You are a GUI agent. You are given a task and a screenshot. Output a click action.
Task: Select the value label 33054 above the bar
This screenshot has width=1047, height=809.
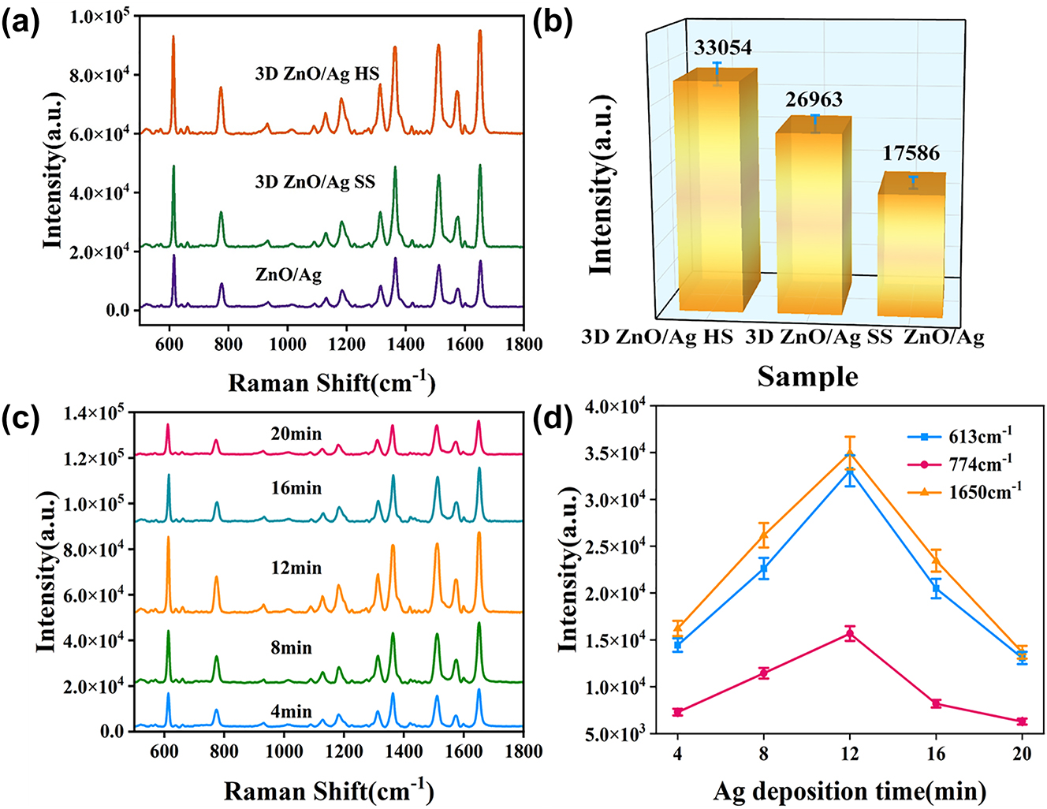tap(722, 48)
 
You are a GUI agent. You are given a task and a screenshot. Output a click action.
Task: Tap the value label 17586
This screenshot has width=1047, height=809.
tap(911, 153)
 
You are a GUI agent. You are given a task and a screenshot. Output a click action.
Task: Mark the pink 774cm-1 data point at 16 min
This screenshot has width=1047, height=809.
tap(936, 703)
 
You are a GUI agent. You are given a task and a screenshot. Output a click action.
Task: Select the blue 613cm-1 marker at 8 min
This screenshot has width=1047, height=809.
tap(763, 569)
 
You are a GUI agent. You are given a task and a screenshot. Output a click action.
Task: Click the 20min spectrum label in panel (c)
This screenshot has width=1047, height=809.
tap(296, 434)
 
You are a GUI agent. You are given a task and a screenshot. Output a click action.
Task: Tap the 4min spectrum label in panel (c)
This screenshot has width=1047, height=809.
tap(291, 712)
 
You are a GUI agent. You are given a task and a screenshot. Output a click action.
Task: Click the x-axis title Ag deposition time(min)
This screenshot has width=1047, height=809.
tap(849, 790)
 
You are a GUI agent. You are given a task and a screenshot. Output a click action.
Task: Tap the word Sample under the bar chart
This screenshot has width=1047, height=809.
tap(807, 377)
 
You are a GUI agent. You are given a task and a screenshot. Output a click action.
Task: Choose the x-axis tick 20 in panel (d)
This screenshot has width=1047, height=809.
tap(1022, 754)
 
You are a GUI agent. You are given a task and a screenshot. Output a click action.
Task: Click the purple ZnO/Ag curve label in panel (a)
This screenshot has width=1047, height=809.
tap(289, 275)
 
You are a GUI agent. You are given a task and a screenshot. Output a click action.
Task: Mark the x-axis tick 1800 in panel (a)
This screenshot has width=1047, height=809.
tap(523, 345)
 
